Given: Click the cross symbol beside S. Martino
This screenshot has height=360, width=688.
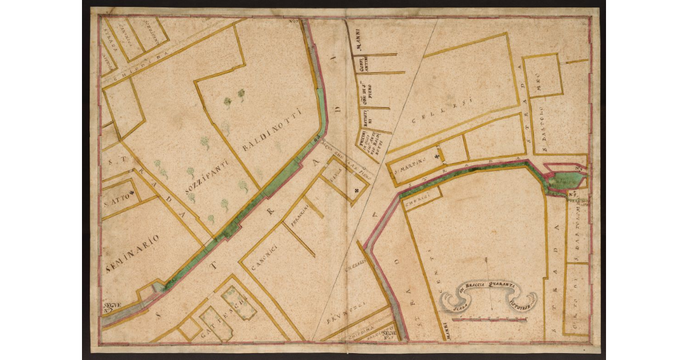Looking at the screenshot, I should point(437,155).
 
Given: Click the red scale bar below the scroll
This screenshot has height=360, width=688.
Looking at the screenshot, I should point(494,319).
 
